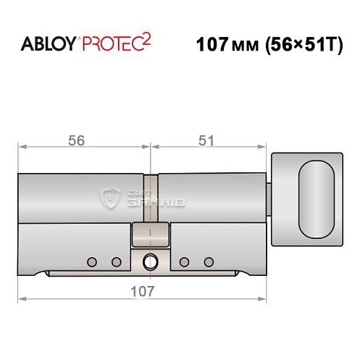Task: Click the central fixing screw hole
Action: coord(150,261)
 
